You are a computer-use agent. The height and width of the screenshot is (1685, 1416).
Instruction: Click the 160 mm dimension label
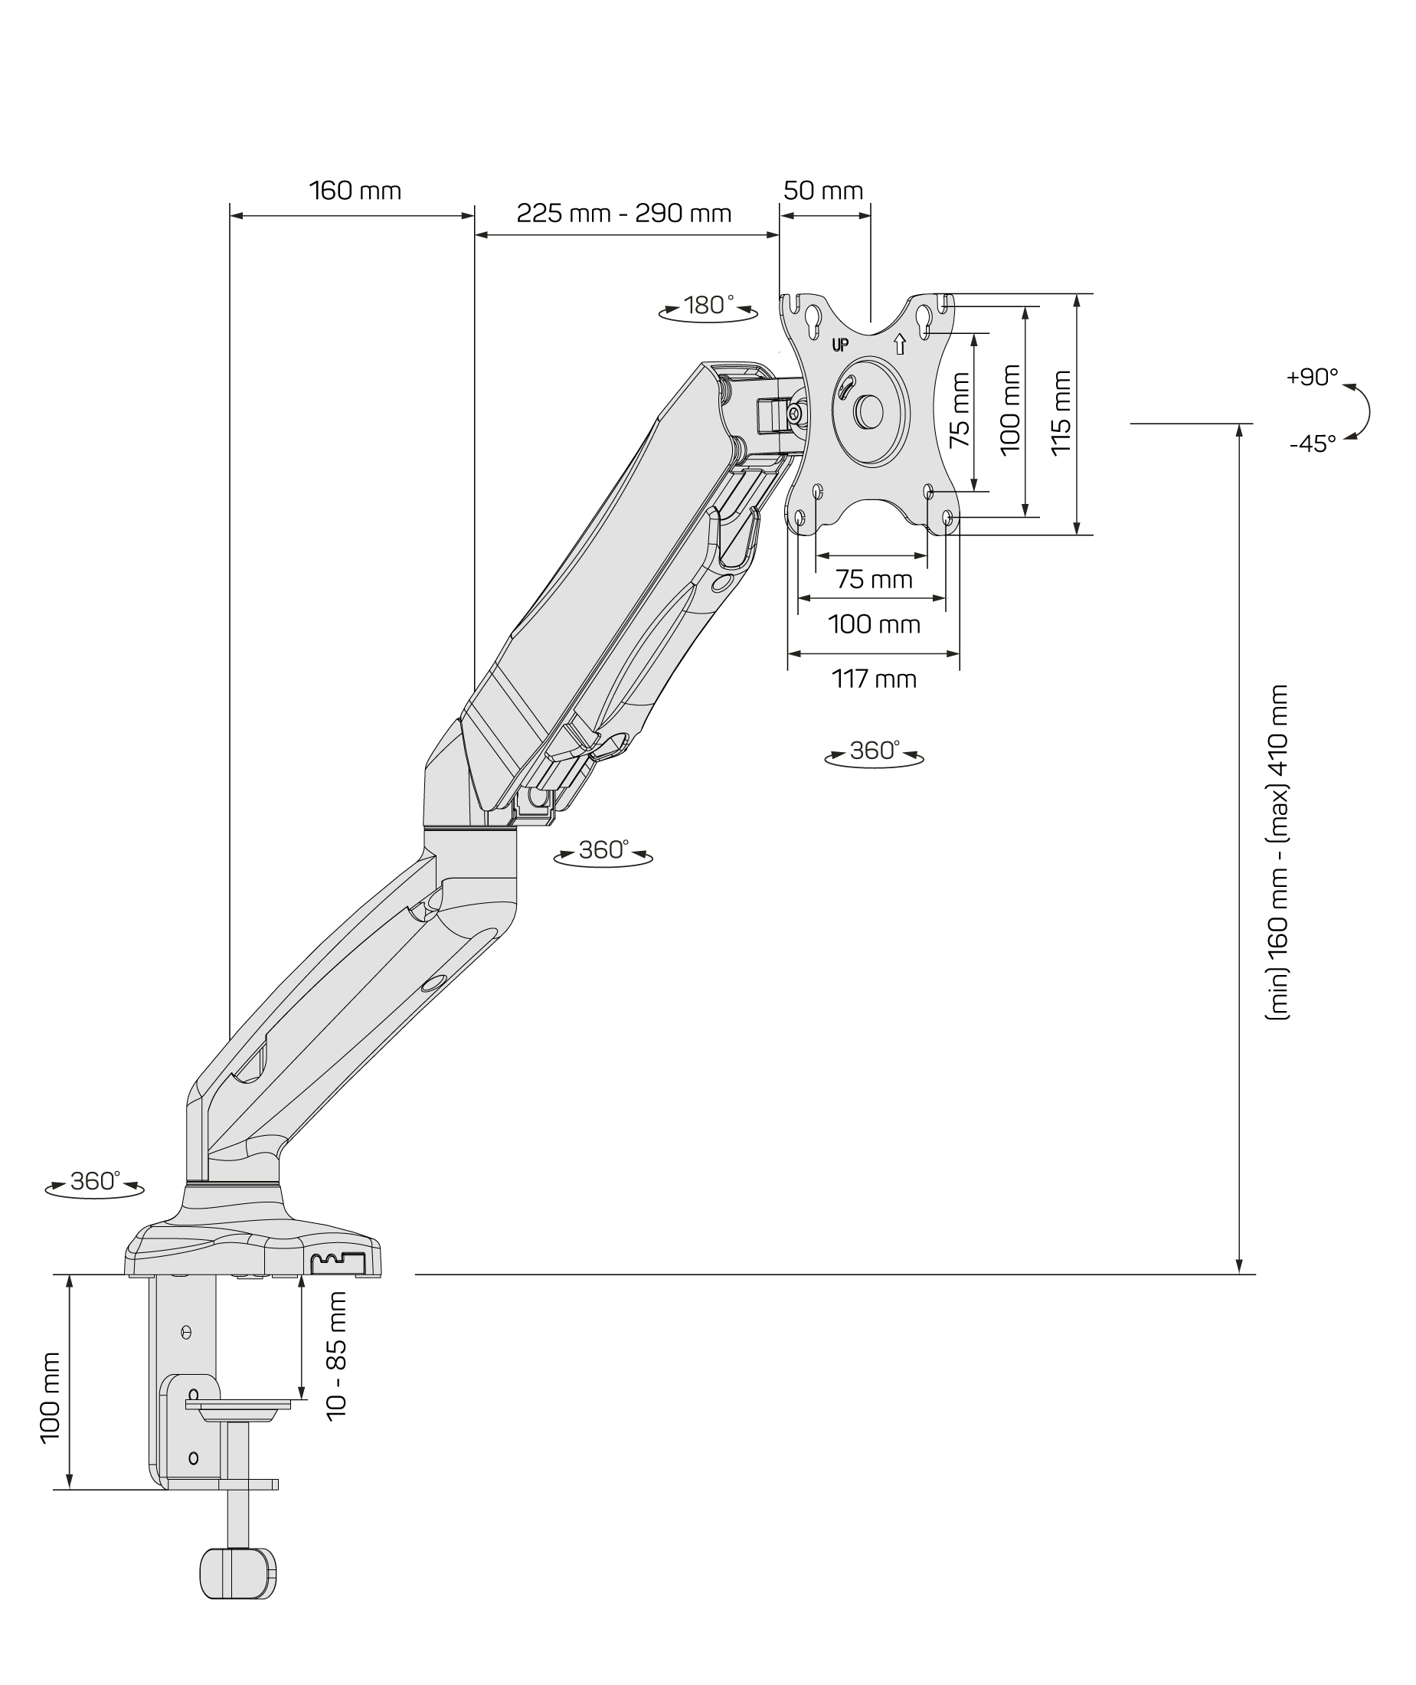point(355,191)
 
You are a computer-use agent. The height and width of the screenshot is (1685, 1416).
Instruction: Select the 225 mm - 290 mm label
point(623,214)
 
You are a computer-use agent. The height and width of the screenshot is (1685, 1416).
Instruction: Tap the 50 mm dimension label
point(822,191)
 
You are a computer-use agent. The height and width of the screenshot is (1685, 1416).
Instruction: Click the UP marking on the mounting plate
point(839,345)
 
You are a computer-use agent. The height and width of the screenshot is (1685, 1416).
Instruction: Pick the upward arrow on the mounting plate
point(900,344)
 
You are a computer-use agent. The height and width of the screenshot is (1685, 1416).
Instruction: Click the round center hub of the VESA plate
point(869,411)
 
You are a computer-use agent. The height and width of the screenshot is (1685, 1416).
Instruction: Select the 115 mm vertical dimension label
point(1061,413)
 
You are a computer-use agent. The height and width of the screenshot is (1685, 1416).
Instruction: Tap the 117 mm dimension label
point(873,679)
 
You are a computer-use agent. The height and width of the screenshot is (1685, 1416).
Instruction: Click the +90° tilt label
point(1312,378)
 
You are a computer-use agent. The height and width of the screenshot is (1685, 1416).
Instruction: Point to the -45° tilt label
point(1313,443)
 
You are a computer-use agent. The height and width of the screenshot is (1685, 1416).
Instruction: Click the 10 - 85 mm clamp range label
point(337,1356)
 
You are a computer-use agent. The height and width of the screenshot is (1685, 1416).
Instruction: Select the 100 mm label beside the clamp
point(50,1398)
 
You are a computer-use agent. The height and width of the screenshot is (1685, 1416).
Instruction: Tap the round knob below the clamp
point(237,1573)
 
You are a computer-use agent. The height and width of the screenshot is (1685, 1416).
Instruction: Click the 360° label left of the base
point(95,1181)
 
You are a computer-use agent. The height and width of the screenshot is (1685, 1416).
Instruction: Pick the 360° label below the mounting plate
point(873,751)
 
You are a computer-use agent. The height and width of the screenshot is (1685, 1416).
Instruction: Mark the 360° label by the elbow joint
point(603,849)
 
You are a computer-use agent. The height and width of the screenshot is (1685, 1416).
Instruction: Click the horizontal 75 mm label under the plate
point(873,579)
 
